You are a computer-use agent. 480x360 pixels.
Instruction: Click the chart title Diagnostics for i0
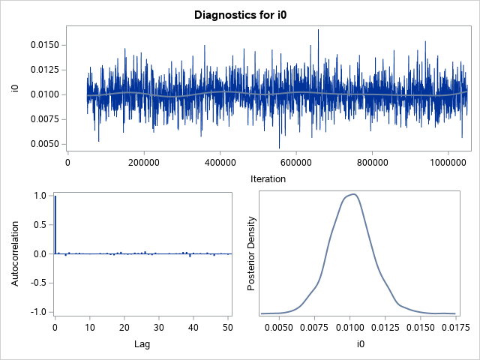(x=240, y=14)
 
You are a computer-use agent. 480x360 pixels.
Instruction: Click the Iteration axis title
(x=267, y=178)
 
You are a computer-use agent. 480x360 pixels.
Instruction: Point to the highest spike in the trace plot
(x=318, y=31)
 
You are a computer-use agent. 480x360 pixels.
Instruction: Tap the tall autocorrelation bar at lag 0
(x=55, y=225)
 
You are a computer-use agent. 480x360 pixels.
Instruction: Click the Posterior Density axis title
(x=253, y=253)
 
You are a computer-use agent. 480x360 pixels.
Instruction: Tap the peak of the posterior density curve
(x=352, y=194)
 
